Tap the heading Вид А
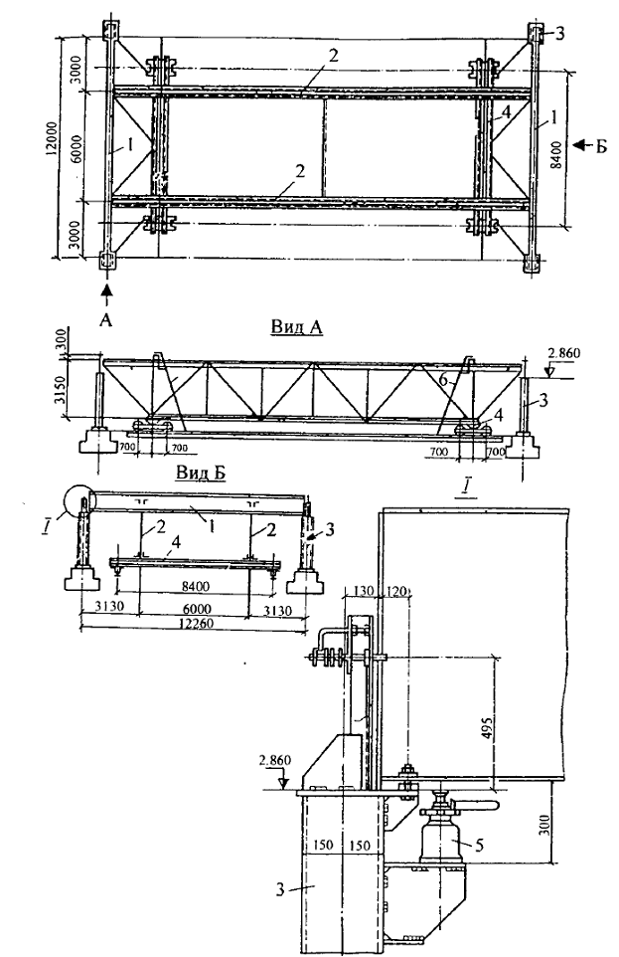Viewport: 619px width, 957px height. (x=296, y=327)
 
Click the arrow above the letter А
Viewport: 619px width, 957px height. (x=106, y=292)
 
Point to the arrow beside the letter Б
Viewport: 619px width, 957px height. (x=582, y=144)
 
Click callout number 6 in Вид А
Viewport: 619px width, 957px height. (x=444, y=380)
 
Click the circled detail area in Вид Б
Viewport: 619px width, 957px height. (x=78, y=501)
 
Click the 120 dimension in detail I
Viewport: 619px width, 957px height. (x=395, y=591)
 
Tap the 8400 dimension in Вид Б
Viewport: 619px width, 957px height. (x=195, y=587)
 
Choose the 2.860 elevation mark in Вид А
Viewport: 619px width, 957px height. (x=564, y=353)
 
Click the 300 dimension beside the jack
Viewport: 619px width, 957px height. (x=545, y=825)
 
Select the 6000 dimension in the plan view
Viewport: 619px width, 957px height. (x=77, y=147)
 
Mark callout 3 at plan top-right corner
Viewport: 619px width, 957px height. (x=559, y=34)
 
